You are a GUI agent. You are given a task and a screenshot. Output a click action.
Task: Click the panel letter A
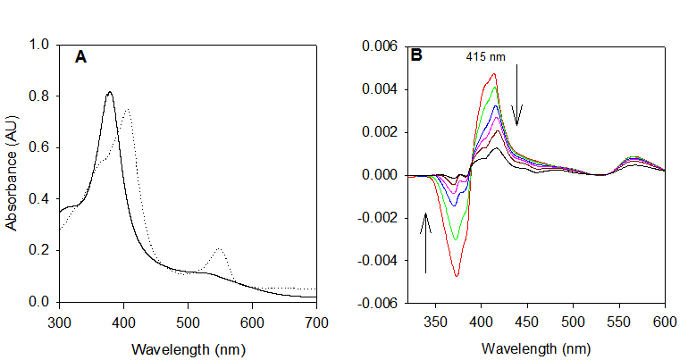point(80,57)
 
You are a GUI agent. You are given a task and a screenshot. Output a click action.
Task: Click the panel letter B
point(416,54)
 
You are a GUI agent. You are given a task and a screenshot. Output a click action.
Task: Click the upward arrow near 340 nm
point(426,242)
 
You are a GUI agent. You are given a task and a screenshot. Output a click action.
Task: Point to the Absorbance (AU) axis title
point(12,173)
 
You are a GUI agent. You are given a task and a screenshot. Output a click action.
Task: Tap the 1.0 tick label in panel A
point(39,45)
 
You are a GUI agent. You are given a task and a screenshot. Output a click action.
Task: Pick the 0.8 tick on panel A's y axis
point(39,96)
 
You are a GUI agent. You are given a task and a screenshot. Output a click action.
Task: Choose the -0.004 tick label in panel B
point(374,261)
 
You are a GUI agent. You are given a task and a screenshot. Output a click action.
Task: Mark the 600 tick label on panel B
point(665,320)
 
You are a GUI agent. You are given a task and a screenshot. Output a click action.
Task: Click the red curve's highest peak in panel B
point(493,74)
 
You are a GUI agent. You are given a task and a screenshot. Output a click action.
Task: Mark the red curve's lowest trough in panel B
point(457,276)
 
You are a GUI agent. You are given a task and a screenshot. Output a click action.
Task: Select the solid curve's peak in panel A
point(109,92)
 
